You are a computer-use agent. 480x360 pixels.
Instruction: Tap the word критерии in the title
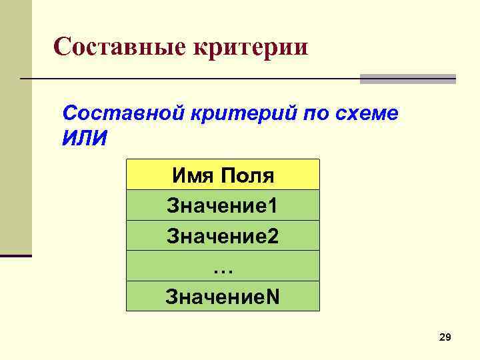[250, 47]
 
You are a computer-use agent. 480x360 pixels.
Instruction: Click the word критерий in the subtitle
[234, 113]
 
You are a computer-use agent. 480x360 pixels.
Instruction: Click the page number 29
[445, 339]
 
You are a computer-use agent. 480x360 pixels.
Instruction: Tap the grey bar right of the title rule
[407, 79]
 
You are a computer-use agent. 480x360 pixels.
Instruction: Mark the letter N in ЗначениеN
[273, 296]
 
